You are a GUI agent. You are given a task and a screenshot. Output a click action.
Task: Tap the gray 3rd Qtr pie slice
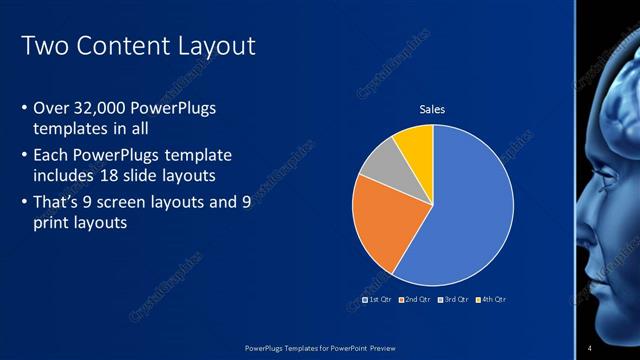click(x=380, y=165)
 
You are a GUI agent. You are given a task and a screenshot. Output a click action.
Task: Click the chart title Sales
click(x=432, y=109)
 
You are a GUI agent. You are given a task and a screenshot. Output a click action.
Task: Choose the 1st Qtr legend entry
click(x=377, y=299)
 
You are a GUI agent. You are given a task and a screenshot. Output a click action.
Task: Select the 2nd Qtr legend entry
click(x=415, y=299)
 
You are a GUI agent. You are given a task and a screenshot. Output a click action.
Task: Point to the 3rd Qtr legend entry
click(x=453, y=299)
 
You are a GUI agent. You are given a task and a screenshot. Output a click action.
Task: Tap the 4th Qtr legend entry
click(x=491, y=299)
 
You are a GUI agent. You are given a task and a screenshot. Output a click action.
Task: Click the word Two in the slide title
click(x=43, y=46)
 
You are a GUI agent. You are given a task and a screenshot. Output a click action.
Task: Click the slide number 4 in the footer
click(x=590, y=348)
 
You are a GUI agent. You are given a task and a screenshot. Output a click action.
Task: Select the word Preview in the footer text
click(x=377, y=348)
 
